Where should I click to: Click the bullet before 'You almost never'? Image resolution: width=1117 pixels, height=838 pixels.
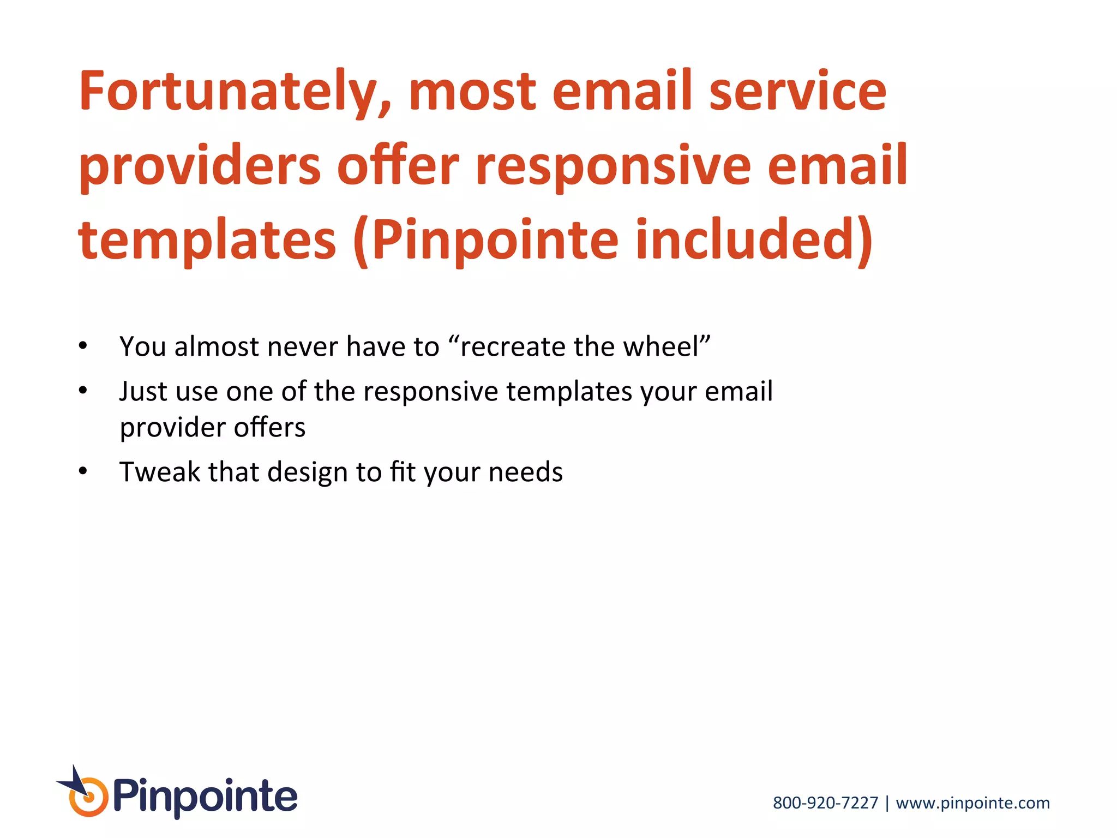point(82,346)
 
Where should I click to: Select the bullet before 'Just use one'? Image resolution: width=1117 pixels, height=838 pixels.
point(82,391)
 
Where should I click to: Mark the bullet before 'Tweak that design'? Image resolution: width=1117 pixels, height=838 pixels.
point(82,471)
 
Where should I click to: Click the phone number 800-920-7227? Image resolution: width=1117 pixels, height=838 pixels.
point(825,803)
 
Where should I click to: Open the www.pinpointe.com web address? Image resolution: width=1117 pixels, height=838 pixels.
point(972,803)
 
